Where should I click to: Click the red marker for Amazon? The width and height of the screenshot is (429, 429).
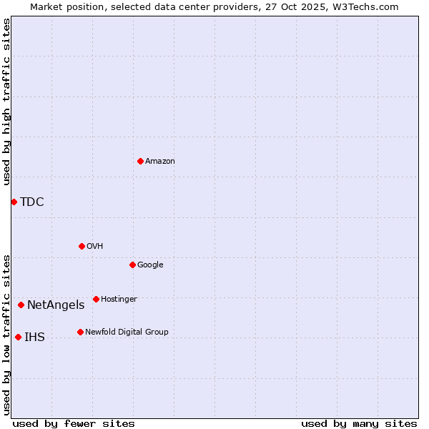point(140,161)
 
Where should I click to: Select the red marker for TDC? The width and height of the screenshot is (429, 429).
point(14,202)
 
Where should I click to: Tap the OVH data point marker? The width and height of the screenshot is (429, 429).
point(82,246)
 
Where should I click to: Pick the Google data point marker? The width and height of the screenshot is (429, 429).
point(132,265)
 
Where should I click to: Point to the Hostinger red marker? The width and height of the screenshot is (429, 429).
point(96,299)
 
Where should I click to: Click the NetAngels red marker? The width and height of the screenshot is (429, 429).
point(21,305)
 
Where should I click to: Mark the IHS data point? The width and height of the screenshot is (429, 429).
point(18,337)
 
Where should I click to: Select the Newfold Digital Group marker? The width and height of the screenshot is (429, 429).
point(80,332)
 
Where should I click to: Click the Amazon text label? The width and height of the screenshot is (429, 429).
point(160,161)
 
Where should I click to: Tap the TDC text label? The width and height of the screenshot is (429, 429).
point(32,202)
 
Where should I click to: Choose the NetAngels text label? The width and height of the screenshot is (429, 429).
point(56,305)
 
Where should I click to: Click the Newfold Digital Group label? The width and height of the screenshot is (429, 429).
point(127,332)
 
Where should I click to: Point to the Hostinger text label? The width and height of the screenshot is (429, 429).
point(119,299)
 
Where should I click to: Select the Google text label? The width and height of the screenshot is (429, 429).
point(150,265)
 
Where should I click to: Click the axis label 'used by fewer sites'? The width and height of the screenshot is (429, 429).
point(74,423)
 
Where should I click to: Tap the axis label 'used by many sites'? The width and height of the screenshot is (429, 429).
point(359,423)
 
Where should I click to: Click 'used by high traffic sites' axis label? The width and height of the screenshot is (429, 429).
point(6,102)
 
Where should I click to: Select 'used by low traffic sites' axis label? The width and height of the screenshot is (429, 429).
point(6,334)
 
